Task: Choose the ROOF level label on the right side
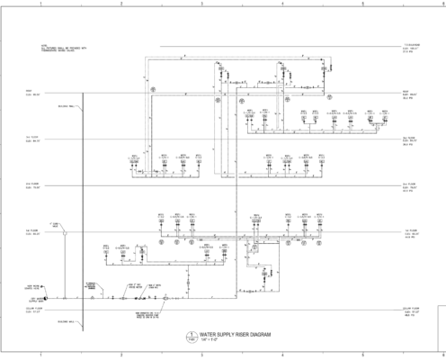409,94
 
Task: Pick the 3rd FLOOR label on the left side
32,139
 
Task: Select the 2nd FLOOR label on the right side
410,187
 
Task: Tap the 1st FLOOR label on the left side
32,232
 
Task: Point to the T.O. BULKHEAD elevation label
412,48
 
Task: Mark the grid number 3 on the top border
202,4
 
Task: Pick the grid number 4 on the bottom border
282,355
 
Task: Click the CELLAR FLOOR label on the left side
32,310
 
